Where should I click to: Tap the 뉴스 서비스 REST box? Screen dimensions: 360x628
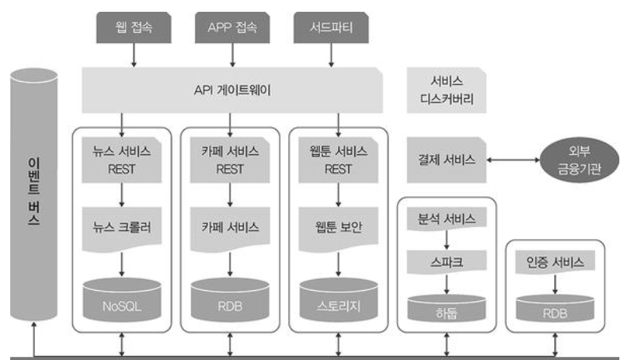tap(122, 158)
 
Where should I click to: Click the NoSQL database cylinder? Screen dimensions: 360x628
tap(122, 299)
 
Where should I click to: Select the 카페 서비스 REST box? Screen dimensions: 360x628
tap(230, 158)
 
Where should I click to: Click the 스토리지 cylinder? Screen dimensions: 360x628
tap(339, 299)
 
